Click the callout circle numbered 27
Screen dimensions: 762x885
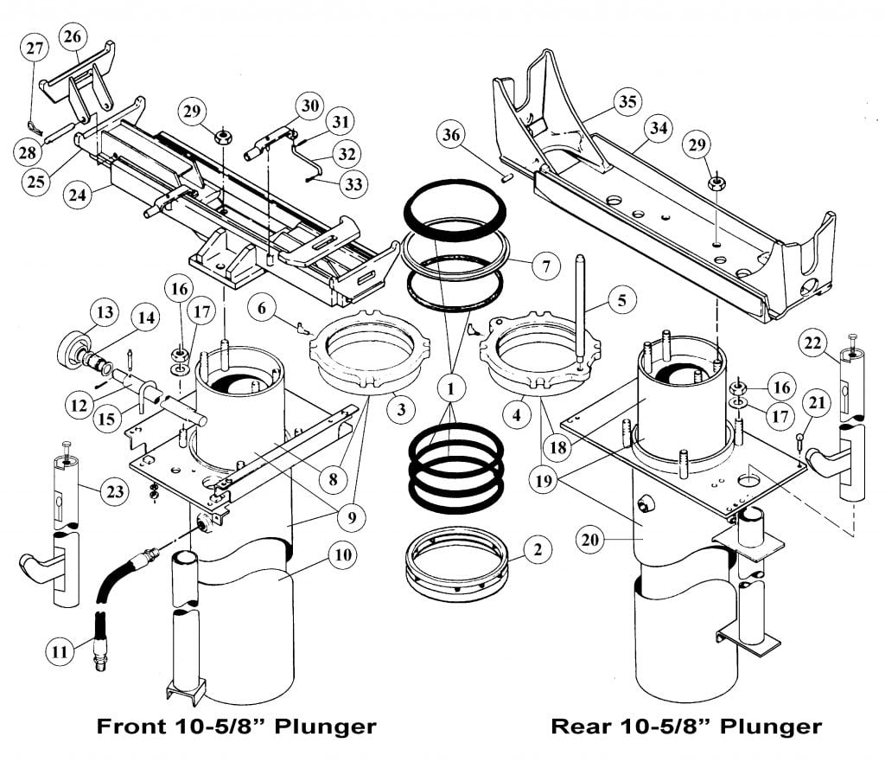tap(35, 49)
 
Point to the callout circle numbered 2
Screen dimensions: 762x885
tap(537, 549)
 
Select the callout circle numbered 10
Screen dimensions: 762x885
tap(342, 555)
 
